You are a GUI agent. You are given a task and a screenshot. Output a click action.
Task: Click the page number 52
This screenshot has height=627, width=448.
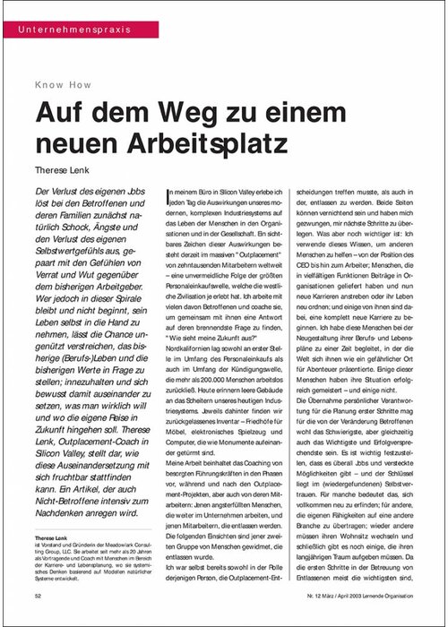coord(38,595)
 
